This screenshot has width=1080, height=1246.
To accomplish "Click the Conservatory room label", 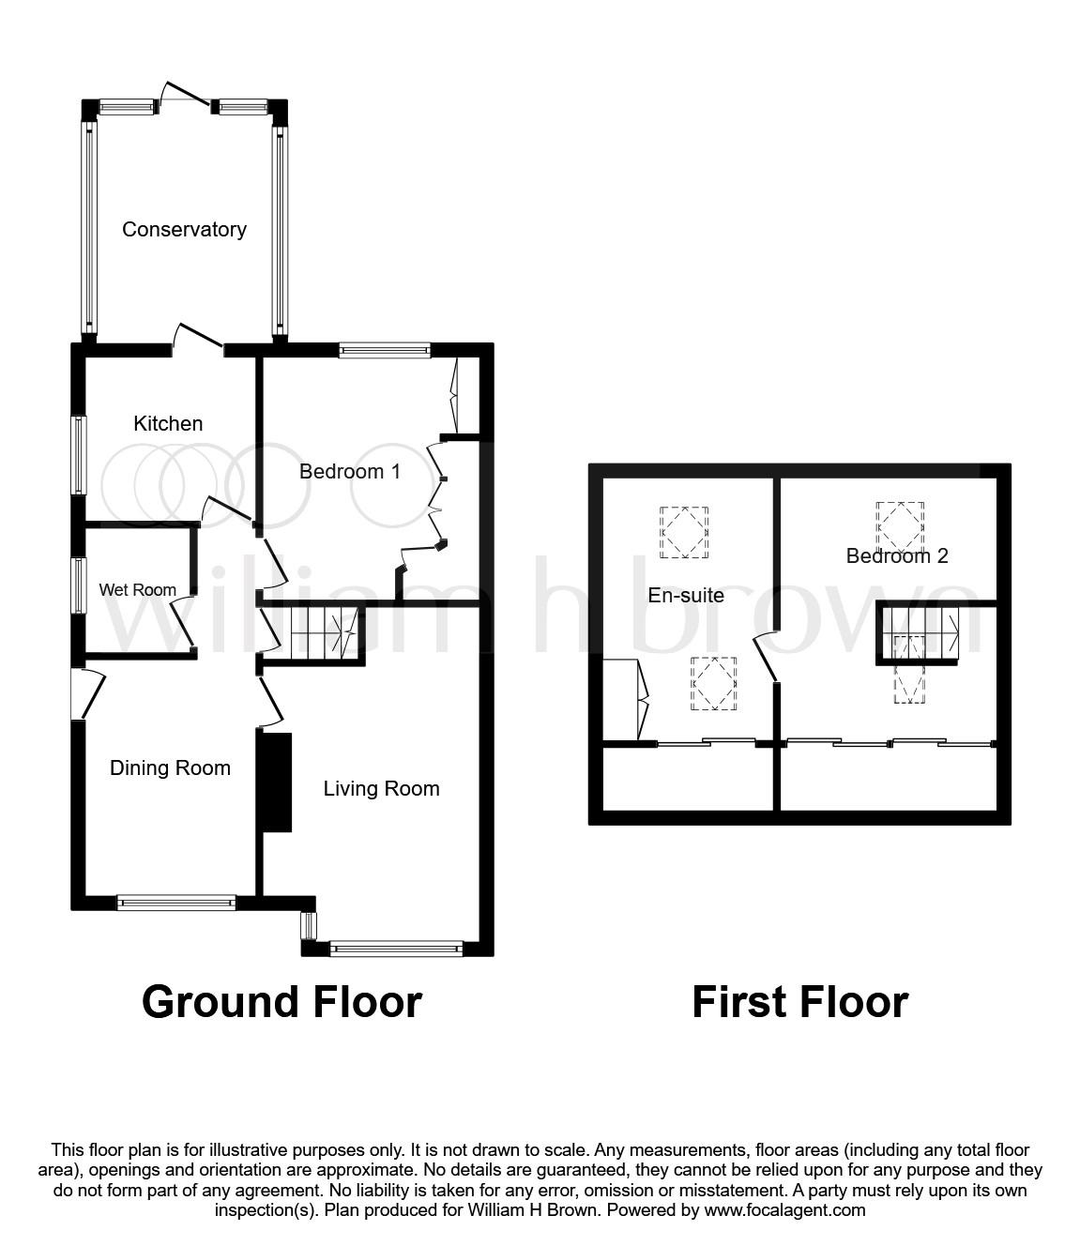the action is click(184, 230).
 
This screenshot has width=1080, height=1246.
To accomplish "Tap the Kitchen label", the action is click(168, 423).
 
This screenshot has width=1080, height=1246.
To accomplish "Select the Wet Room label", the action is click(138, 589).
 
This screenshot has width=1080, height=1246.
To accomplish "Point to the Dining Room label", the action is click(170, 767).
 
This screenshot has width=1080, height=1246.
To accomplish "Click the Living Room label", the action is click(381, 788).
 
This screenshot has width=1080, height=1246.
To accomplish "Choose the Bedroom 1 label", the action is click(350, 471).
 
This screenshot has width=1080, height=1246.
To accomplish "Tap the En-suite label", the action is click(686, 596).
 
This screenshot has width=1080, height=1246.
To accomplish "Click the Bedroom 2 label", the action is click(897, 555).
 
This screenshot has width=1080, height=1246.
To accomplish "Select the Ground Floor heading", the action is click(282, 1002).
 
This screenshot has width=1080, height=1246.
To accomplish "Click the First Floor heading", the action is click(800, 1002).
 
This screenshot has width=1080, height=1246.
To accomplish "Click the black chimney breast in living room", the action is click(277, 783).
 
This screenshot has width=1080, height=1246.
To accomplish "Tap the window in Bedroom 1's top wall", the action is click(385, 350).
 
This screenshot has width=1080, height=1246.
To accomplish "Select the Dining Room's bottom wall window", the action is click(176, 903).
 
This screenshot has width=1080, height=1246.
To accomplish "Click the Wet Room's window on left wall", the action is click(79, 585).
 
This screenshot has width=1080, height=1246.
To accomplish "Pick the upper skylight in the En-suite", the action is click(684, 532).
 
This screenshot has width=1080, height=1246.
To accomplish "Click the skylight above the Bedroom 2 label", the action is click(900, 524).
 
